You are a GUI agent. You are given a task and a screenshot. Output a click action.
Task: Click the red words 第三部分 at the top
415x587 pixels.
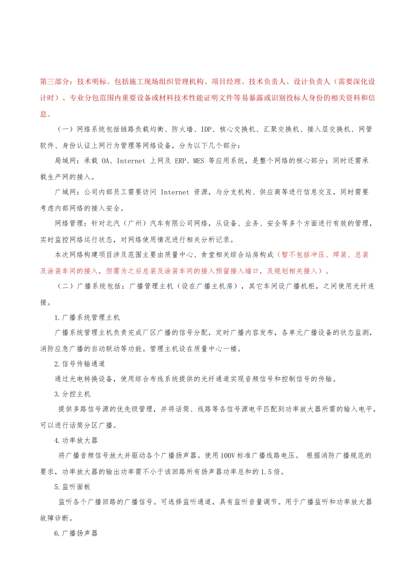click(x=55, y=82)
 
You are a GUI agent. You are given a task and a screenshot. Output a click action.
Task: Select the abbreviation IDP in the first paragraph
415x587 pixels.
click(x=206, y=129)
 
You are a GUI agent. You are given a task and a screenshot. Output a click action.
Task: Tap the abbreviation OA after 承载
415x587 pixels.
click(x=106, y=161)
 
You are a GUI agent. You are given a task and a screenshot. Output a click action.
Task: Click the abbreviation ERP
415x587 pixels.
click(x=180, y=161)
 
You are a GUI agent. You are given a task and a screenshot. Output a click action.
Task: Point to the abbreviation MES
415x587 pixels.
click(x=198, y=161)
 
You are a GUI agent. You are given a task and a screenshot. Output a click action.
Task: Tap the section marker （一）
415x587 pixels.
click(x=66, y=129)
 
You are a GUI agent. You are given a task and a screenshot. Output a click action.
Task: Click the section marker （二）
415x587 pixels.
click(x=66, y=286)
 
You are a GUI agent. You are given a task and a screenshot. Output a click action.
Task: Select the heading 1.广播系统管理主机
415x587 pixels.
click(x=87, y=318)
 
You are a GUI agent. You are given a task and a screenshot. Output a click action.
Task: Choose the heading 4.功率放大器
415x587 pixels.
click(x=76, y=440)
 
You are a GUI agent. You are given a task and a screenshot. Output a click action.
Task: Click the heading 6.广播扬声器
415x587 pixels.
click(x=76, y=533)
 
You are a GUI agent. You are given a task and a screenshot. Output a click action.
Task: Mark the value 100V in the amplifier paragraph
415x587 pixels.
click(x=228, y=456)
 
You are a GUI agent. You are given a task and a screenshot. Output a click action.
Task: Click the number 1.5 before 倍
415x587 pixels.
click(x=266, y=472)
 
